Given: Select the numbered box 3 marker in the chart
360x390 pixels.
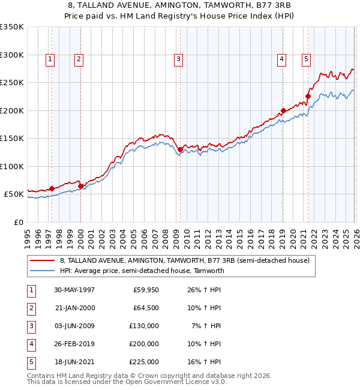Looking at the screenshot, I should pyautogui.click(x=179, y=59).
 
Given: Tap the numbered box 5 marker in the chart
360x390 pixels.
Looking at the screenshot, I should pyautogui.click(x=306, y=59).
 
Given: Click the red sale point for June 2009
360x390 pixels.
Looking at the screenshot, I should pyautogui.click(x=180, y=150).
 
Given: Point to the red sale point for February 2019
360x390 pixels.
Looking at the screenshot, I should pyautogui.click(x=283, y=111).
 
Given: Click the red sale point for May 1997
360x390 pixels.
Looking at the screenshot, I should pyautogui.click(x=52, y=188).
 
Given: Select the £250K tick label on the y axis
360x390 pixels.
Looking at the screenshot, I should pyautogui.click(x=12, y=82).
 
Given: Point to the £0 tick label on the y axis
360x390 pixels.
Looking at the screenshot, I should pyautogui.click(x=17, y=222).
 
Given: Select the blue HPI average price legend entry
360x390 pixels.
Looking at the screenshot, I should pyautogui.click(x=142, y=271).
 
